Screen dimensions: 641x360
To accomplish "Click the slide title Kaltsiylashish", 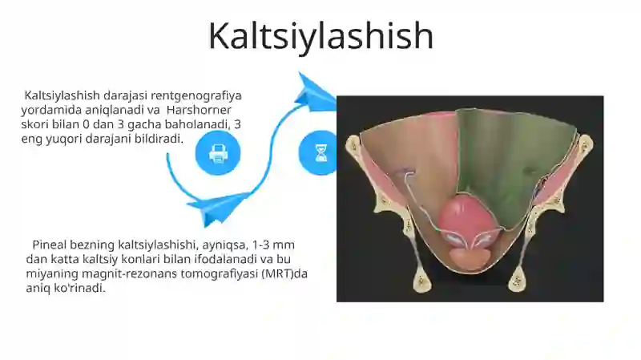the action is click(321, 37).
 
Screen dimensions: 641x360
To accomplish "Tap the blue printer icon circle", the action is click(218, 153).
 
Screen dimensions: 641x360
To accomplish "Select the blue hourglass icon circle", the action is click(318, 153).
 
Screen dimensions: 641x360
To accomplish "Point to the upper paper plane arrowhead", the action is click(316, 93).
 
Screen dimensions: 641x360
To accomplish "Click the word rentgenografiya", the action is click(196, 95).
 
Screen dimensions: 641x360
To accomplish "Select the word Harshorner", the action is click(199, 110).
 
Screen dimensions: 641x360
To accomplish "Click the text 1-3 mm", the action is click(273, 245).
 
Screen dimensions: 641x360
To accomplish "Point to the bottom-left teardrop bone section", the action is click(421, 281).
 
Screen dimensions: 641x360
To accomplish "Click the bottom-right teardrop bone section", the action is click(517, 280).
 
